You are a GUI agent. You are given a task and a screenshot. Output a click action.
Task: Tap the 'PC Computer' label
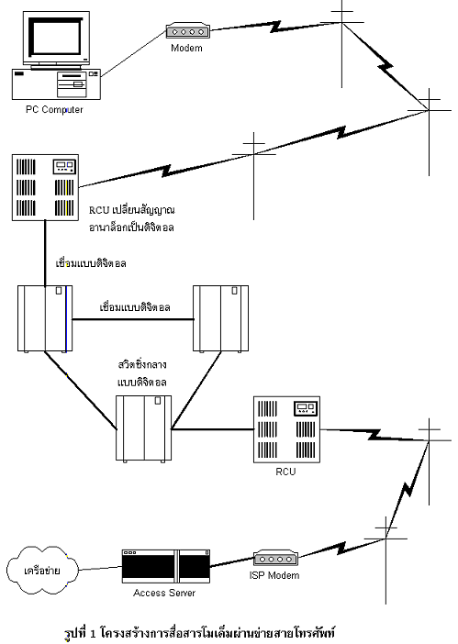coord(54,110)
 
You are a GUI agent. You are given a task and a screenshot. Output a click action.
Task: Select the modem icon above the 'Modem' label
coord(188,31)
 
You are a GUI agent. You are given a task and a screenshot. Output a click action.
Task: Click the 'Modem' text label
coord(186,48)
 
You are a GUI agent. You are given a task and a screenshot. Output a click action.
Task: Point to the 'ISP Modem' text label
coord(274,575)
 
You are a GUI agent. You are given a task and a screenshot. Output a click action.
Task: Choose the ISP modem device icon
coord(275,559)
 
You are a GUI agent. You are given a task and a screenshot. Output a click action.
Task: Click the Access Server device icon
coord(166,566)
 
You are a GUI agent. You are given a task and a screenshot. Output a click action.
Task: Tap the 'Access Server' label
coord(164,593)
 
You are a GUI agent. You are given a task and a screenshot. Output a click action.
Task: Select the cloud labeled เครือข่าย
coord(43,570)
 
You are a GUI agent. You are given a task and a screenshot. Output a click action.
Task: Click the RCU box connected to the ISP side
coord(286,429)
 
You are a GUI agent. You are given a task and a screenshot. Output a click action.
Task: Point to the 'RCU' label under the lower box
coord(285,472)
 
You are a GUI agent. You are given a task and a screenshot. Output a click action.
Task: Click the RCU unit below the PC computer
coord(45,187)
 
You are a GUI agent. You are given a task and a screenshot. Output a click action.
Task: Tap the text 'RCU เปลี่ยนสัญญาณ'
coord(132,210)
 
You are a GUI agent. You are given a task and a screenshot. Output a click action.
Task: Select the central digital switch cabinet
coord(144,428)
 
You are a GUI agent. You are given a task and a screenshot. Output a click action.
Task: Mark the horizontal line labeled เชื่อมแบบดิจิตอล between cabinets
coord(133,319)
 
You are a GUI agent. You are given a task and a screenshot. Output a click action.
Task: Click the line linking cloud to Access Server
coord(101,568)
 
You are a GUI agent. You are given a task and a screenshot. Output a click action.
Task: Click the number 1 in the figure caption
coord(93,633)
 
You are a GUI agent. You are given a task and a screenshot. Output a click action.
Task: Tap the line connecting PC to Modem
coord(133,53)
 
